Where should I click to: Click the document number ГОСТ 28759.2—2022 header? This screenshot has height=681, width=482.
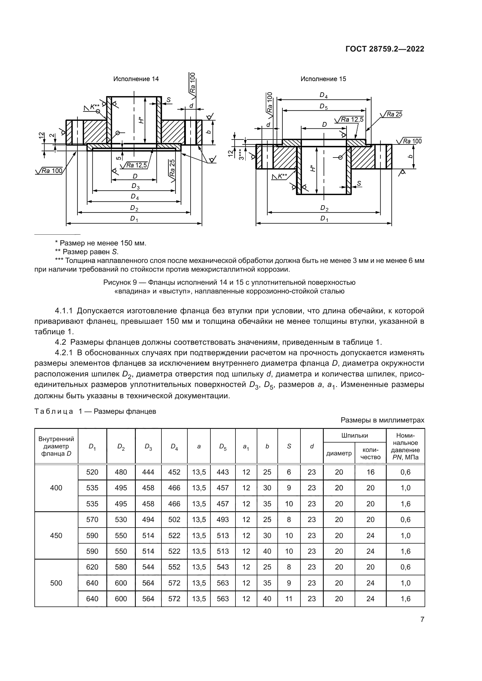coord(385,49)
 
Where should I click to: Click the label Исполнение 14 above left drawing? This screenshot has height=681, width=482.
coord(136,79)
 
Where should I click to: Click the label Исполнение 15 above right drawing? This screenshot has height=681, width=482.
coord(323,79)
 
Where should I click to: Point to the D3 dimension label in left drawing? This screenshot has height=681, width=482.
coord(135,186)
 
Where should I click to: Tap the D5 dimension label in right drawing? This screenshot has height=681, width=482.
coord(323,106)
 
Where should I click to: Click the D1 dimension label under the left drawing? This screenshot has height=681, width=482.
coord(134,219)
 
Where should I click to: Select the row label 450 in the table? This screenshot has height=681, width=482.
coord(56,535)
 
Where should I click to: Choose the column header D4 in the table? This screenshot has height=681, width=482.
coord(174,446)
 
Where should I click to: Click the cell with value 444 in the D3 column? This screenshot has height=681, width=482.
coord(148,472)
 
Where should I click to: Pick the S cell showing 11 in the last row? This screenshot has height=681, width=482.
coord(289,599)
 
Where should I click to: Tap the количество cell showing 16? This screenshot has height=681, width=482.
coord(370,472)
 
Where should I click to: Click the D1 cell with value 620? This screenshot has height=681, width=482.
coord(92,567)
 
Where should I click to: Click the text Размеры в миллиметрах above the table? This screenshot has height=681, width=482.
coord(382,420)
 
